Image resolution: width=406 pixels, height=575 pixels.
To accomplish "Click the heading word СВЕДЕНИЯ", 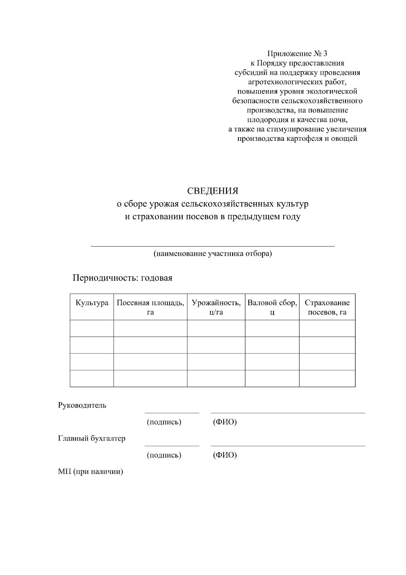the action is [x=213, y=191].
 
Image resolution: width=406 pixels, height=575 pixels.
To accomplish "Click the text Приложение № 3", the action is [x=297, y=54].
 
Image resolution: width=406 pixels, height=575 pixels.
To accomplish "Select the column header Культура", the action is [x=92, y=303].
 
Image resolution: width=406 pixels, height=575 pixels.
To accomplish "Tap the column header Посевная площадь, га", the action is [x=150, y=307].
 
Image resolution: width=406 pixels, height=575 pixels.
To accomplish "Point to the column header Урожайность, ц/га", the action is [x=216, y=307].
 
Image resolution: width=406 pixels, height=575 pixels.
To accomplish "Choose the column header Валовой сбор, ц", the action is [x=272, y=307].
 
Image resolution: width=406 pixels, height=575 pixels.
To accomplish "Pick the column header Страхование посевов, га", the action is [x=327, y=307].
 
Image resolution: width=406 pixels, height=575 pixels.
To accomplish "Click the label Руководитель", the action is [x=82, y=405].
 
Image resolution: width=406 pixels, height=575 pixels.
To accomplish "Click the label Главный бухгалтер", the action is [x=92, y=439].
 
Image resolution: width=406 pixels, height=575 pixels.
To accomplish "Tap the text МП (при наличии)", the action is [x=90, y=471].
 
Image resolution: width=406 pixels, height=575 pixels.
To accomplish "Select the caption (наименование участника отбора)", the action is [x=213, y=254].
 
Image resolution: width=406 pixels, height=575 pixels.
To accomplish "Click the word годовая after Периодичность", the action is [x=157, y=278].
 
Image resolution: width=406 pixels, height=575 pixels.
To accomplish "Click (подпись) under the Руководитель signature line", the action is [x=164, y=422].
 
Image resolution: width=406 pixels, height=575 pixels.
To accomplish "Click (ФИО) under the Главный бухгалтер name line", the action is [x=225, y=455].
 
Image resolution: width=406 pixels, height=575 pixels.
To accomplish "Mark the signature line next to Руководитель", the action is [x=172, y=412].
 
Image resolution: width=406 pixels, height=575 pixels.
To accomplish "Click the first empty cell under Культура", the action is [x=92, y=328].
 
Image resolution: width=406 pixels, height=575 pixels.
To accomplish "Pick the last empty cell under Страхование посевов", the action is [x=327, y=378].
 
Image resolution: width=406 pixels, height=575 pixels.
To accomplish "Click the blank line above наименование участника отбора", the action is [x=213, y=246].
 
